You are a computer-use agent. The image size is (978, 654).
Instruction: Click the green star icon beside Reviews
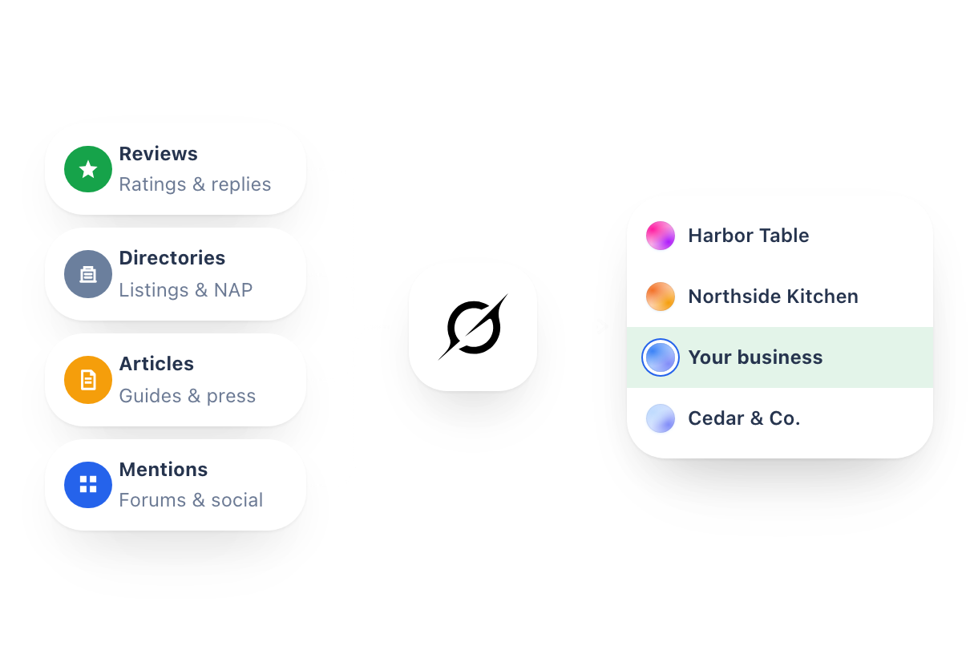pos(88,169)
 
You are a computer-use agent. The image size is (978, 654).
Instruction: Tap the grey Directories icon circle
pos(88,274)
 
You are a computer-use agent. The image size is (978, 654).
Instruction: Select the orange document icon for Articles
pos(88,380)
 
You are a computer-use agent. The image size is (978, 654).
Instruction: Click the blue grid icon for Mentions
pos(88,485)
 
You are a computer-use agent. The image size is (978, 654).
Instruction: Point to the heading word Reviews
pos(159,154)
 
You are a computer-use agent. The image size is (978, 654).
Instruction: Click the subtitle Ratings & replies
pos(195,184)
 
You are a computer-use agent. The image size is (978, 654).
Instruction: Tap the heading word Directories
pos(172,257)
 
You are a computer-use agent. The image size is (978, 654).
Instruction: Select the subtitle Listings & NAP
pos(186,290)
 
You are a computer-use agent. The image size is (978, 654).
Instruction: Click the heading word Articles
pos(157,364)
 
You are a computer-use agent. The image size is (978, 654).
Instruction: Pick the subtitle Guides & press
pos(188,396)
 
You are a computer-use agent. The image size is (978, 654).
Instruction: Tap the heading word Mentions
pos(164,470)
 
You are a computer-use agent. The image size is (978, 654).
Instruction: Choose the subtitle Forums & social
pos(192,500)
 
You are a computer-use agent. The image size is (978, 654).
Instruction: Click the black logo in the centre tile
pos(473,326)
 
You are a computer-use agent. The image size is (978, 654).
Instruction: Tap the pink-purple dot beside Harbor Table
pos(661,236)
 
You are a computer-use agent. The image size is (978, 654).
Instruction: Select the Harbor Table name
pos(749,236)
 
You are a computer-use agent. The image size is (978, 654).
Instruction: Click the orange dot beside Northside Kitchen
pos(661,297)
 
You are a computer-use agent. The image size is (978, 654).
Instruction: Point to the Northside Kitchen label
pos(774,297)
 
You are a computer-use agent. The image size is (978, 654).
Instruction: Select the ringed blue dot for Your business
pos(661,357)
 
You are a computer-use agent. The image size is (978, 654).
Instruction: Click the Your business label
pos(755,357)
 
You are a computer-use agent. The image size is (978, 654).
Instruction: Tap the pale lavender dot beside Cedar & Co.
pos(661,418)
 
